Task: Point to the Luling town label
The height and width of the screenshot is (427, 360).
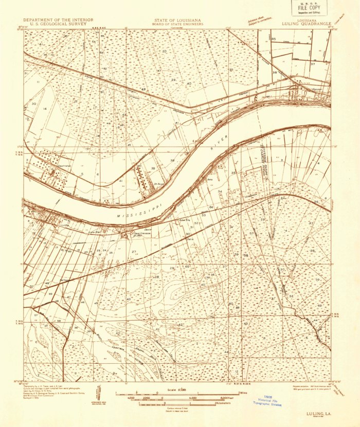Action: [65, 225]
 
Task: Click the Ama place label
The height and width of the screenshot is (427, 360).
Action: [210, 180]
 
